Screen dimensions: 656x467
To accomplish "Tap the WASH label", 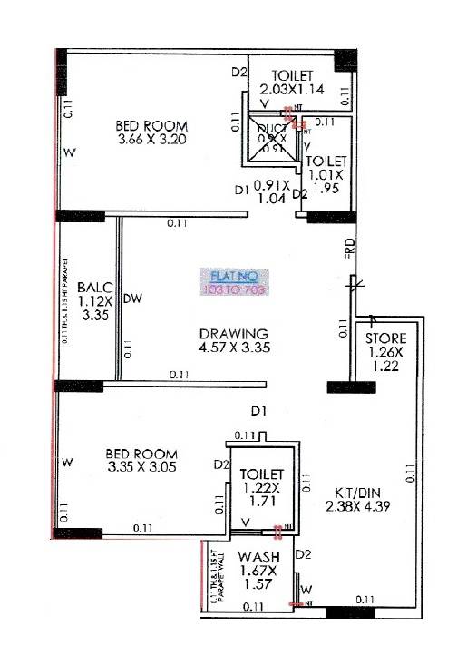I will pos(259,556).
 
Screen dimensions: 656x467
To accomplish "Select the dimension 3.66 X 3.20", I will pos(152,140).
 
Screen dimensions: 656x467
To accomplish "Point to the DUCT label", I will pos(271,129).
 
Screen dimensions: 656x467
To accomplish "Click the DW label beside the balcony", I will pos(132,298).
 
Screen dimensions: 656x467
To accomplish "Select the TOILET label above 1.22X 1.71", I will pos(261,475).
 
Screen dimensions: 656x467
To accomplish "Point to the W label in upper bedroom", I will pos(68,152).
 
